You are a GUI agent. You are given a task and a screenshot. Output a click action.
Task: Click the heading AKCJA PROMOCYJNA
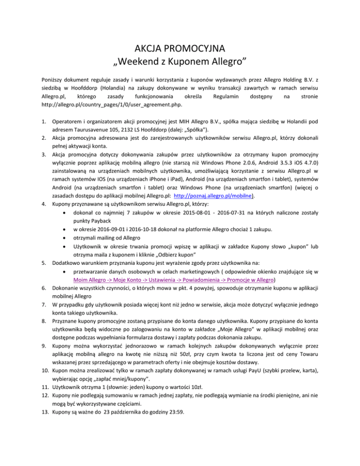[180, 48]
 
